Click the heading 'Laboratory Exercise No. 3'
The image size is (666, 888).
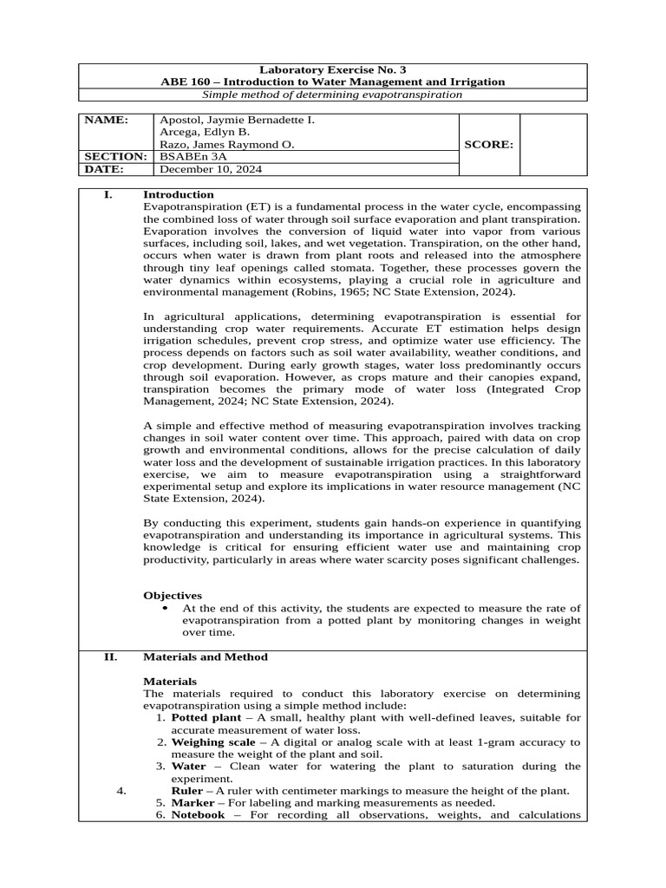[x=333, y=69]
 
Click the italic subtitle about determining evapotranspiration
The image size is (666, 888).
[x=333, y=95]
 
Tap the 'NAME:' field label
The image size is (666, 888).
[x=106, y=120]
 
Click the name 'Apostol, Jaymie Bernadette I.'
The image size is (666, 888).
[x=236, y=120]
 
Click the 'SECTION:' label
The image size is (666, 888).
[x=113, y=157]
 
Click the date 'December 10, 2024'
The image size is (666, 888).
[x=210, y=170]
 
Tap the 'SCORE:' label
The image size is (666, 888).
[x=488, y=145]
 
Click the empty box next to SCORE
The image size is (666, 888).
[x=553, y=145]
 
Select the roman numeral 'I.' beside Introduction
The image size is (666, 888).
[x=108, y=195]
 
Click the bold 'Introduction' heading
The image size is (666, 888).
[x=179, y=195]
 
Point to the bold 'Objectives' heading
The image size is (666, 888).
[x=173, y=596]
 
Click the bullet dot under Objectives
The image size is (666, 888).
[x=166, y=609]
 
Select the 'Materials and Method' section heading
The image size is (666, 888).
[x=206, y=657]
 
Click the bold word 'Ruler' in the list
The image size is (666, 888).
[x=187, y=791]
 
